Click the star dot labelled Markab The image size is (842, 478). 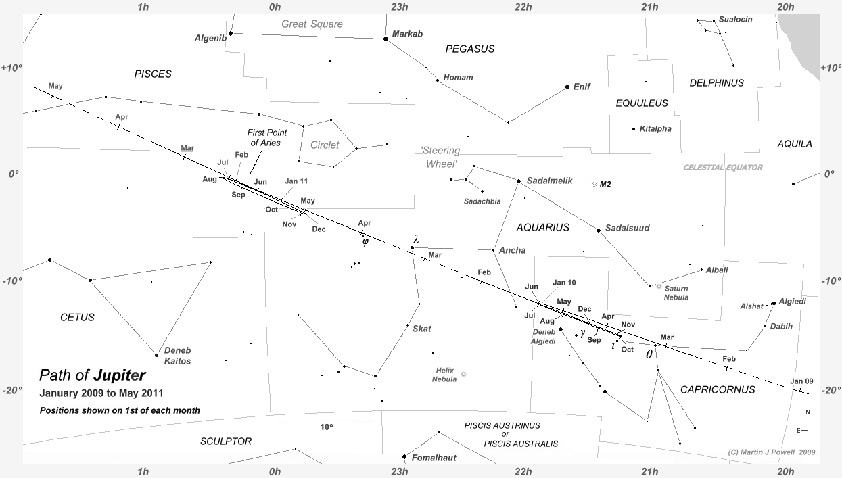pos(385,39)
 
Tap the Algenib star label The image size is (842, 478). pos(210,38)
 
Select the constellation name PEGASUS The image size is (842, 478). pos(469,49)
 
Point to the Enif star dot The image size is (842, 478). pos(567,87)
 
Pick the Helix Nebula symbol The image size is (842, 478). pos(463,374)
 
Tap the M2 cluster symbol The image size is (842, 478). pos(594,184)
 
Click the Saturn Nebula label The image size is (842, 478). pos(676,293)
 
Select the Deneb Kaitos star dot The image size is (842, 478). pos(156,355)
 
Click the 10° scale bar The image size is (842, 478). pos(325,431)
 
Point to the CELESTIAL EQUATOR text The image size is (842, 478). pos(722,168)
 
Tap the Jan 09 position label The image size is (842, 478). pos(801,381)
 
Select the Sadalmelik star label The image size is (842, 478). pos(549,181)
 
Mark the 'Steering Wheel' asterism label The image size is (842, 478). pos(440,157)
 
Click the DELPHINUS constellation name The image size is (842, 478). pos(716,83)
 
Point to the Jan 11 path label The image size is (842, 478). pos(296,181)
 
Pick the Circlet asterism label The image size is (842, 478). pos(325,145)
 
